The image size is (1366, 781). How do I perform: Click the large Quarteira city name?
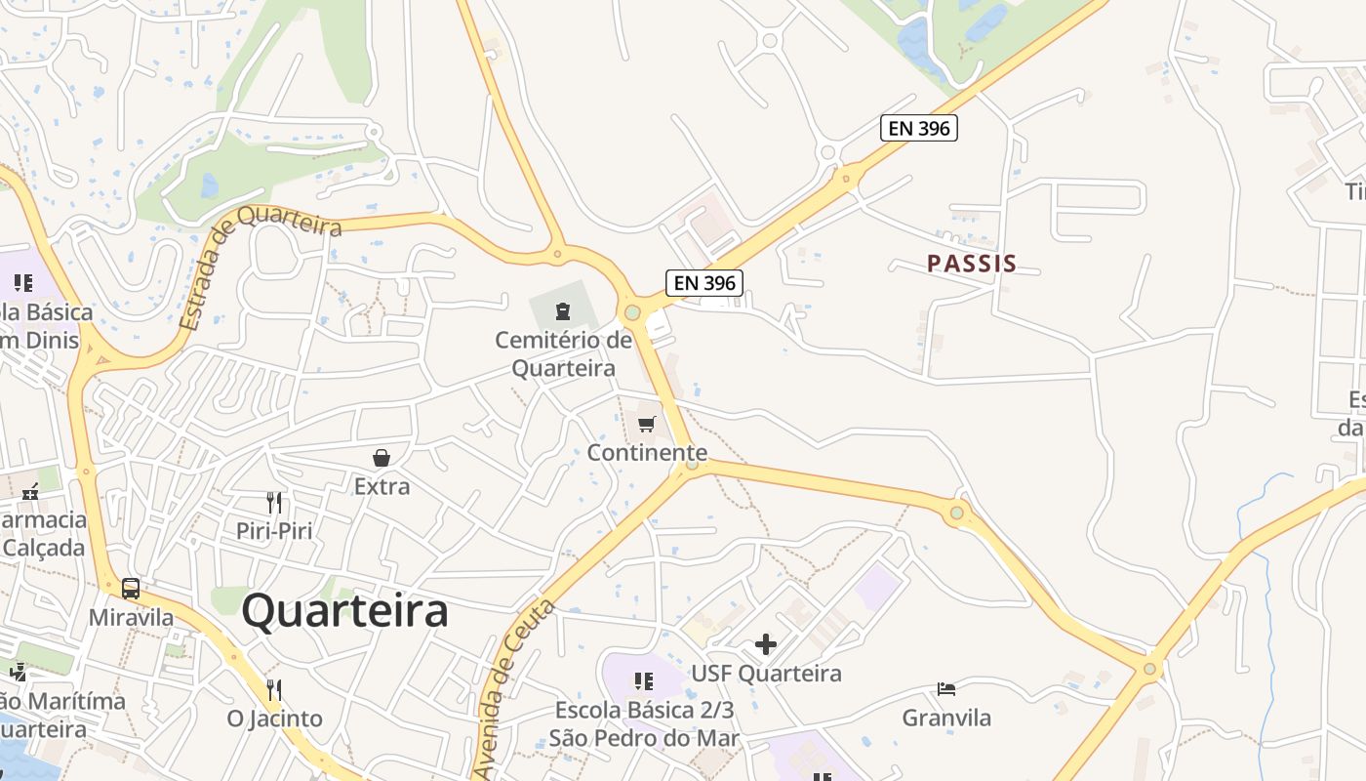click(x=344, y=611)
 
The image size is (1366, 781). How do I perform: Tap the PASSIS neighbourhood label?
click(x=972, y=264)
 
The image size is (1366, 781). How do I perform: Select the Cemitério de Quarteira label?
click(x=564, y=354)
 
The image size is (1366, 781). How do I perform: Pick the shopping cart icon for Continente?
click(x=646, y=425)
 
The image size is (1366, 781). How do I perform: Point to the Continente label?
click(x=647, y=453)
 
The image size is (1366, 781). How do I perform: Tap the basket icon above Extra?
click(x=381, y=458)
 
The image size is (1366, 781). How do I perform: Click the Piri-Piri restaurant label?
click(x=273, y=531)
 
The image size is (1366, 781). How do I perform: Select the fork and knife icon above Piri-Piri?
click(x=274, y=503)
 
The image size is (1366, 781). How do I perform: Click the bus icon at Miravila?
click(x=131, y=589)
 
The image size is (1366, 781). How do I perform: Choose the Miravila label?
click(x=131, y=618)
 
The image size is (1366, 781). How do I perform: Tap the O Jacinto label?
click(x=274, y=719)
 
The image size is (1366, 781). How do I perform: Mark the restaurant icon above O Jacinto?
click(x=274, y=690)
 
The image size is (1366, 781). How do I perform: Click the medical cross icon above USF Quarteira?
click(x=766, y=644)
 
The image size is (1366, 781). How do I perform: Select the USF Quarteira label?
click(x=766, y=674)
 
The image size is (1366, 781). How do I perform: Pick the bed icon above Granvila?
click(x=945, y=689)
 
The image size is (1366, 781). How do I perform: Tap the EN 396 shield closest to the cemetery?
click(x=704, y=283)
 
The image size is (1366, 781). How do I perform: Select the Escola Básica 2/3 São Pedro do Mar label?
click(x=644, y=723)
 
